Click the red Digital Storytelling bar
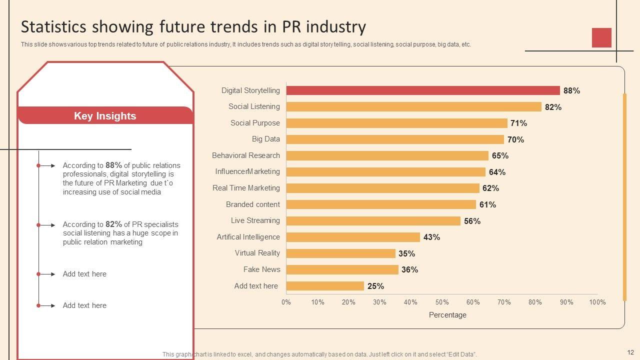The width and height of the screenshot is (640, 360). (x=422, y=90)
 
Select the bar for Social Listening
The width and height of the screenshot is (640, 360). (x=413, y=106)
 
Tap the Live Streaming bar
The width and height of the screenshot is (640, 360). (x=373, y=221)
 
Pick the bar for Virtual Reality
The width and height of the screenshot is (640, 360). (x=340, y=253)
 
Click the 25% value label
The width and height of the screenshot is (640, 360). (x=375, y=286)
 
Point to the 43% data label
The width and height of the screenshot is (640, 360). (x=431, y=237)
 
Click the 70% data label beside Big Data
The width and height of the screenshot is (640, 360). (x=515, y=140)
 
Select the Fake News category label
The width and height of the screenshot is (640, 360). (x=261, y=269)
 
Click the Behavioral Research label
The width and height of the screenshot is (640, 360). (x=245, y=155)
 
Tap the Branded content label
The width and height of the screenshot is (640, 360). (x=252, y=204)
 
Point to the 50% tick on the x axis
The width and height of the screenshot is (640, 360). (x=441, y=302)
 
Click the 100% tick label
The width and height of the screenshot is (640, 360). (x=597, y=302)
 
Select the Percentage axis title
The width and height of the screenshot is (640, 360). (x=447, y=315)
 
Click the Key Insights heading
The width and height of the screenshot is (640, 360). (x=105, y=116)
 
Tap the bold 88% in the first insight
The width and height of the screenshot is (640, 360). (x=113, y=165)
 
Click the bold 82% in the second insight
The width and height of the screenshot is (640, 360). (x=113, y=224)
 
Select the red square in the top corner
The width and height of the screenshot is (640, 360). (x=601, y=37)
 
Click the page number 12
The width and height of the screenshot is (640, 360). (x=630, y=352)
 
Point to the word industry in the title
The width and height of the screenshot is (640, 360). (x=339, y=26)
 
